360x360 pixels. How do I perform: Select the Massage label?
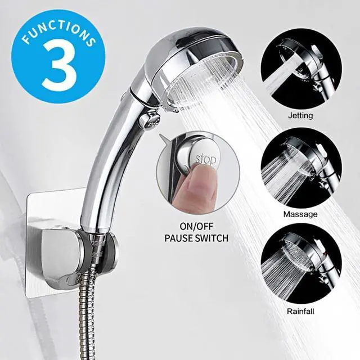[x=300, y=214]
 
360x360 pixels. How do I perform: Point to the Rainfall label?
[x=301, y=310]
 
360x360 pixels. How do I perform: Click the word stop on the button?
[x=205, y=160]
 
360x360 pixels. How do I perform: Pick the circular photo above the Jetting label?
[x=301, y=68]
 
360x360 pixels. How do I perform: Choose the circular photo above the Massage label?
[x=301, y=166]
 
